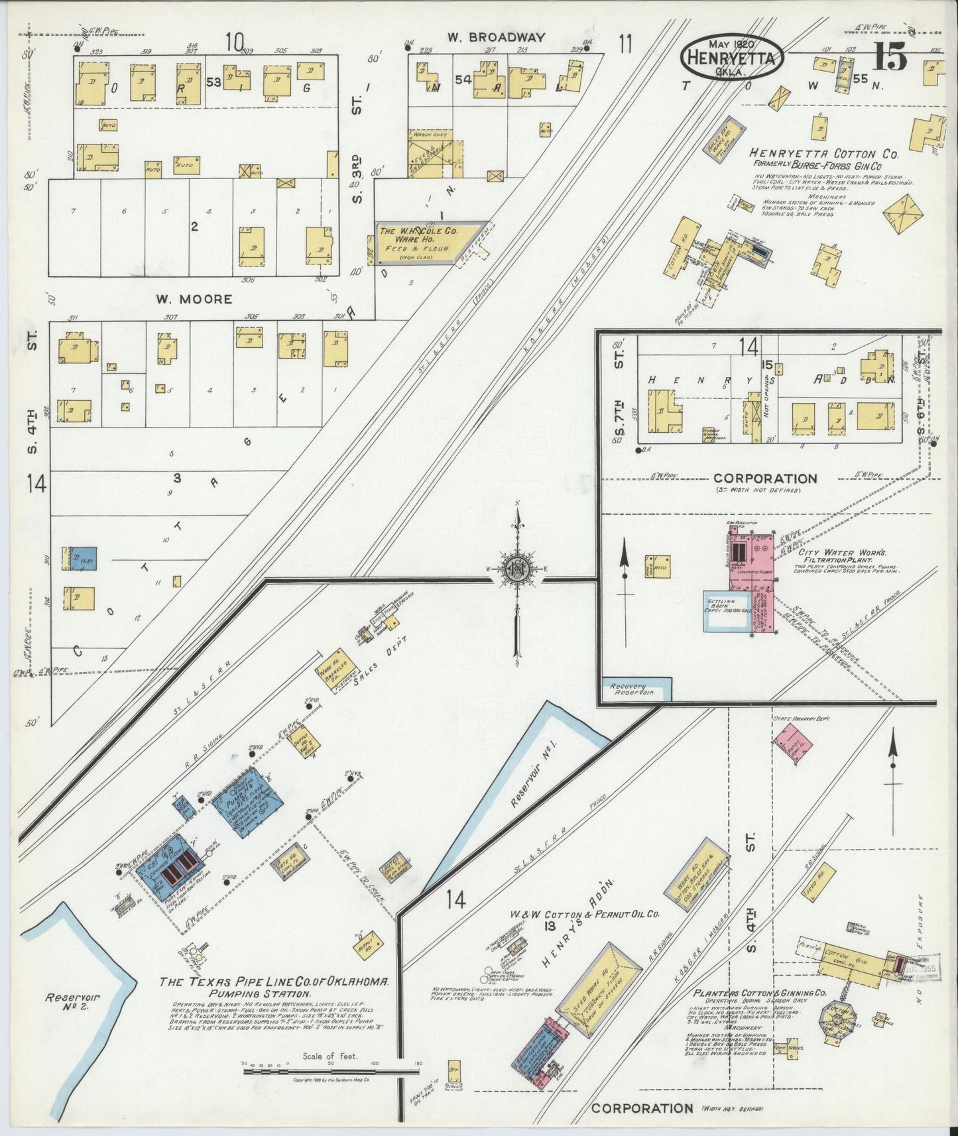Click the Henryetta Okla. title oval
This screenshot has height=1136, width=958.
(732, 57)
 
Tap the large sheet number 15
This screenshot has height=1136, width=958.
(890, 58)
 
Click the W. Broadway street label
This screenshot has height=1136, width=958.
(496, 38)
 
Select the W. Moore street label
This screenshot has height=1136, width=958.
(194, 299)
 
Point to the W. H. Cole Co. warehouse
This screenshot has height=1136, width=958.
(427, 241)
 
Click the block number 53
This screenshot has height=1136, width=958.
(213, 82)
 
